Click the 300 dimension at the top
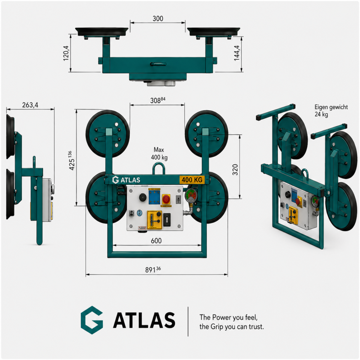click(x=158, y=18)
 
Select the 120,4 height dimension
click(x=66, y=53)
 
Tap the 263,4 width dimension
click(x=30, y=105)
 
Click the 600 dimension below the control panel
click(x=156, y=241)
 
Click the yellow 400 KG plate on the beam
click(x=192, y=180)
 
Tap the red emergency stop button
click(x=166, y=199)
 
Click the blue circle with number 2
click(x=139, y=213)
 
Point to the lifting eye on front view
click(x=159, y=168)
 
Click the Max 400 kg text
click(x=160, y=153)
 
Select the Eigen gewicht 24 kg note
click(x=331, y=111)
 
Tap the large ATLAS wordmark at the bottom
click(x=144, y=320)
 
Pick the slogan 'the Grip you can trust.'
click(x=232, y=327)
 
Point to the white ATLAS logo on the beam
click(x=127, y=180)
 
